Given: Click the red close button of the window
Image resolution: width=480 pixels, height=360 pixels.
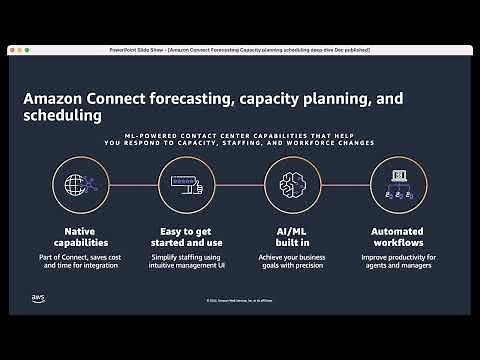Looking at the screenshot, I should [x=14, y=49].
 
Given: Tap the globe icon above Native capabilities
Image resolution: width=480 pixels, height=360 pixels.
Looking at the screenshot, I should [x=80, y=186].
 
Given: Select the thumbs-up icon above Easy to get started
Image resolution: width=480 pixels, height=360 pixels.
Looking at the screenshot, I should [x=186, y=186].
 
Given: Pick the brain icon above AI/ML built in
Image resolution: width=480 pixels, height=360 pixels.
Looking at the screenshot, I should [x=293, y=186].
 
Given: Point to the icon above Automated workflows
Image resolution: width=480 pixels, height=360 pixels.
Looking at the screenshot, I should [x=399, y=186].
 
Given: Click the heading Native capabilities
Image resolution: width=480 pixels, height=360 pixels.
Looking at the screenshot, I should [x=80, y=237].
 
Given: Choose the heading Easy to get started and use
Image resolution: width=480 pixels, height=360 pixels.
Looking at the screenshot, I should [x=186, y=237].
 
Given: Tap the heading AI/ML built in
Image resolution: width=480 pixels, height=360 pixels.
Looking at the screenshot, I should [x=293, y=237].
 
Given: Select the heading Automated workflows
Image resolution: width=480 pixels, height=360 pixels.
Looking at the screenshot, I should [x=399, y=237].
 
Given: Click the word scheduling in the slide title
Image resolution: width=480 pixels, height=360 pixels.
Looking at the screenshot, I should [x=62, y=117].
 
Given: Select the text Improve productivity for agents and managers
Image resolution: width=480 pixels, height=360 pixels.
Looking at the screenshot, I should [x=399, y=265].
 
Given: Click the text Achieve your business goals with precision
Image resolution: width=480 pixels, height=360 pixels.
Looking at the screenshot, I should [x=293, y=265].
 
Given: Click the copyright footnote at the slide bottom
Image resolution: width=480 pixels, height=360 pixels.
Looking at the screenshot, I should [x=240, y=300].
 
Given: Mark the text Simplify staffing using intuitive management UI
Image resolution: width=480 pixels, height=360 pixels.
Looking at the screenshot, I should [x=186, y=265].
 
